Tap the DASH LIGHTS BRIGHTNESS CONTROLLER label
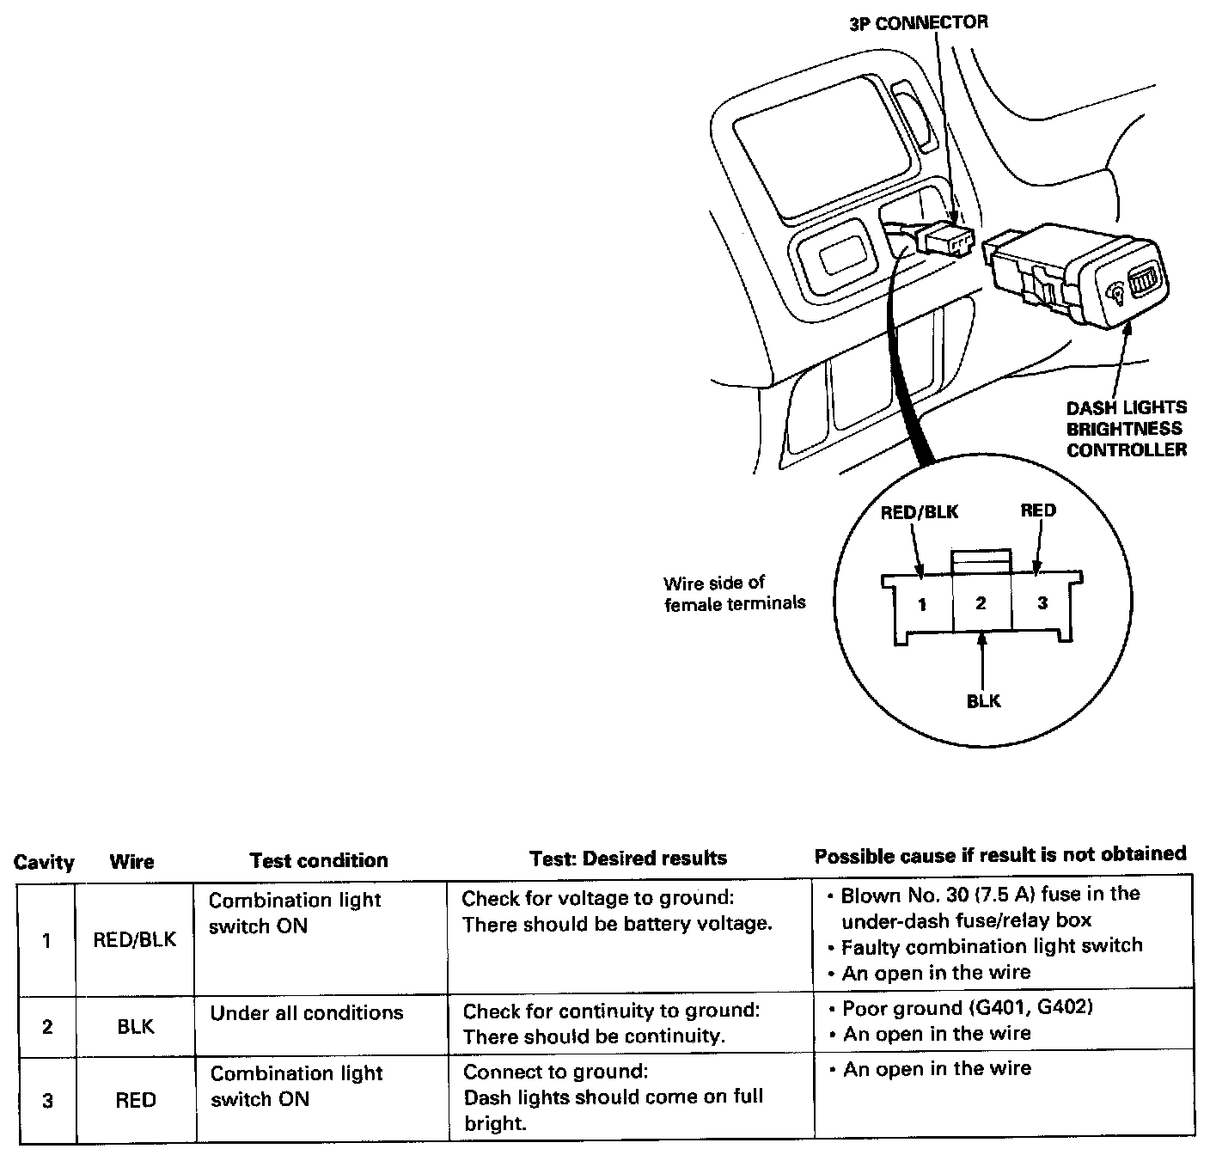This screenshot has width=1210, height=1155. tap(1126, 428)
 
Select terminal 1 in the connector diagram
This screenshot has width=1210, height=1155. tap(922, 604)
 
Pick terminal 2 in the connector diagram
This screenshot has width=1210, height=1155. tap(981, 603)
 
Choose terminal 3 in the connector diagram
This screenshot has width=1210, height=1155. tap(1042, 603)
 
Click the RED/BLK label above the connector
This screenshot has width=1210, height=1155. tap(920, 512)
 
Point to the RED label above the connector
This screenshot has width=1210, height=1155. tap(1038, 510)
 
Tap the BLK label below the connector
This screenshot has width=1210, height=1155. tap(983, 701)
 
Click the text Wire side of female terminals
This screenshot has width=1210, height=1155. tap(734, 593)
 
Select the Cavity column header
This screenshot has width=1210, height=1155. tap(44, 862)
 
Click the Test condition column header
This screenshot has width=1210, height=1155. tap(318, 860)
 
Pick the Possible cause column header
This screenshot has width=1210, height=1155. tap(999, 855)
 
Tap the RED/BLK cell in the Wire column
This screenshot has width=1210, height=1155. tap(135, 939)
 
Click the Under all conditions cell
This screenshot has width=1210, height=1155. tap(307, 1013)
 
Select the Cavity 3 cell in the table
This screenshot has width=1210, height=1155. tap(47, 1100)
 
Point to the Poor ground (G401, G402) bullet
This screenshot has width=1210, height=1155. tap(968, 1008)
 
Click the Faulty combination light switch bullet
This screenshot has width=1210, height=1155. tap(992, 946)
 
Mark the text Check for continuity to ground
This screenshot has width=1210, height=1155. tap(611, 1011)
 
